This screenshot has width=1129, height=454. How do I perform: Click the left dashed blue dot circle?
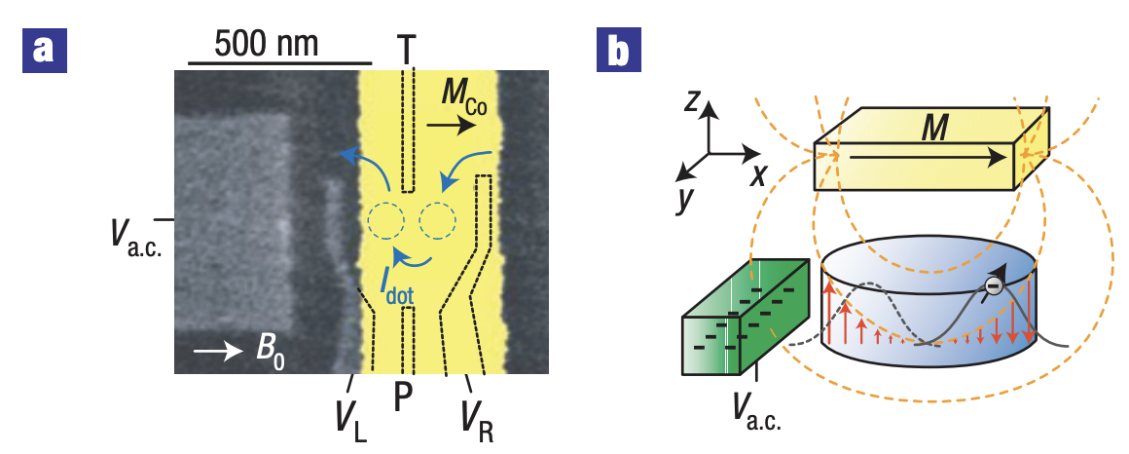click(386, 223)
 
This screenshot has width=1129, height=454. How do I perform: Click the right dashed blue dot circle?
click(437, 222)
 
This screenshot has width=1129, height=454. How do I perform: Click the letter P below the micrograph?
click(408, 398)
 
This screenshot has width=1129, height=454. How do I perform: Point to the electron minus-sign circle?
click(992, 285)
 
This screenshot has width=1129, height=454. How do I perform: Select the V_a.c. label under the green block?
click(758, 407)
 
